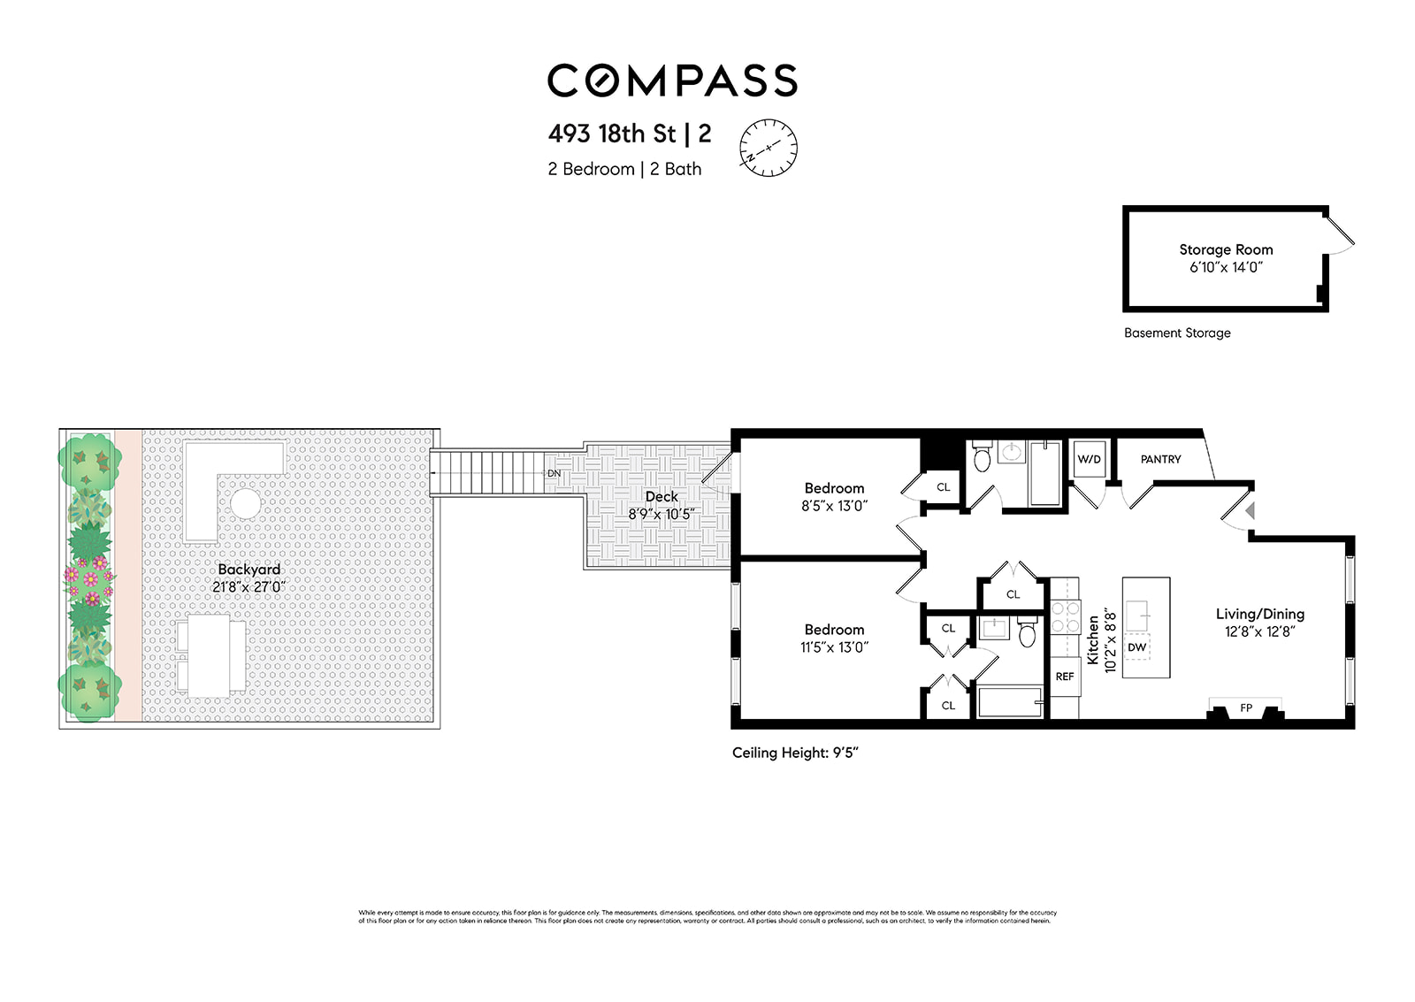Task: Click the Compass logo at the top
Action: tap(672, 80)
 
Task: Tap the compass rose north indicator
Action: tap(769, 147)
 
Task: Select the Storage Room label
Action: tap(1226, 250)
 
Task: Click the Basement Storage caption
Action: tap(1177, 333)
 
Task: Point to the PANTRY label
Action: tap(1160, 459)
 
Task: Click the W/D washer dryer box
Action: tap(1089, 459)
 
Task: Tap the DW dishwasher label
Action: tap(1137, 647)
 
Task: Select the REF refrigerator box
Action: tap(1065, 677)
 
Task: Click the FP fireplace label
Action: tap(1246, 708)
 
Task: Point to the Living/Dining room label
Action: tap(1259, 614)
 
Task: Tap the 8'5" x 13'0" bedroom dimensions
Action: tap(834, 507)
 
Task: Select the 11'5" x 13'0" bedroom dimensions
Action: tap(834, 647)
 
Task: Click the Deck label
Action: tap(662, 497)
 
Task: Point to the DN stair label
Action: tap(554, 474)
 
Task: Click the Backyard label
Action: tap(249, 570)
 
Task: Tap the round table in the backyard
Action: tap(245, 504)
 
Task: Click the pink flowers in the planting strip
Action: tap(89, 575)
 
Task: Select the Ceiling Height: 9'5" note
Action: tap(795, 753)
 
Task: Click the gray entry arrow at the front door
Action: tap(1251, 511)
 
